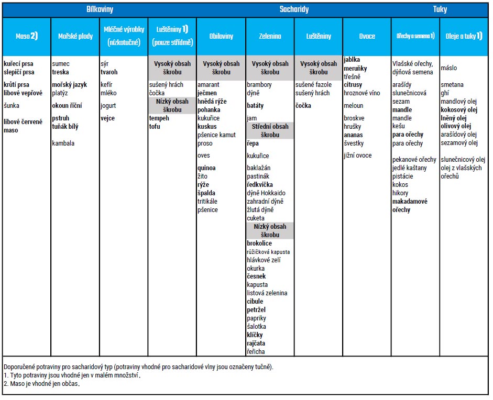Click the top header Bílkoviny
tap(100, 9)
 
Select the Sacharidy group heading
tap(294, 9)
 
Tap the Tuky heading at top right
tap(440, 9)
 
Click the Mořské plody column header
tap(75, 36)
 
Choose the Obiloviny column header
tap(221, 36)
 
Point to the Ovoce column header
tap(367, 36)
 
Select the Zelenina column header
tap(270, 36)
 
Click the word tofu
tap(155, 127)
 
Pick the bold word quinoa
tap(206, 168)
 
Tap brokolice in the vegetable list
tap(259, 243)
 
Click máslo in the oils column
tap(448, 68)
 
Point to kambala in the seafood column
tap(63, 143)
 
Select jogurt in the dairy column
tap(108, 106)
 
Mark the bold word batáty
tap(255, 106)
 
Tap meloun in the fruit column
tap(353, 106)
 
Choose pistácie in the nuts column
tap(402, 176)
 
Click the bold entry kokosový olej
tap(459, 110)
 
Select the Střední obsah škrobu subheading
tap(270, 130)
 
